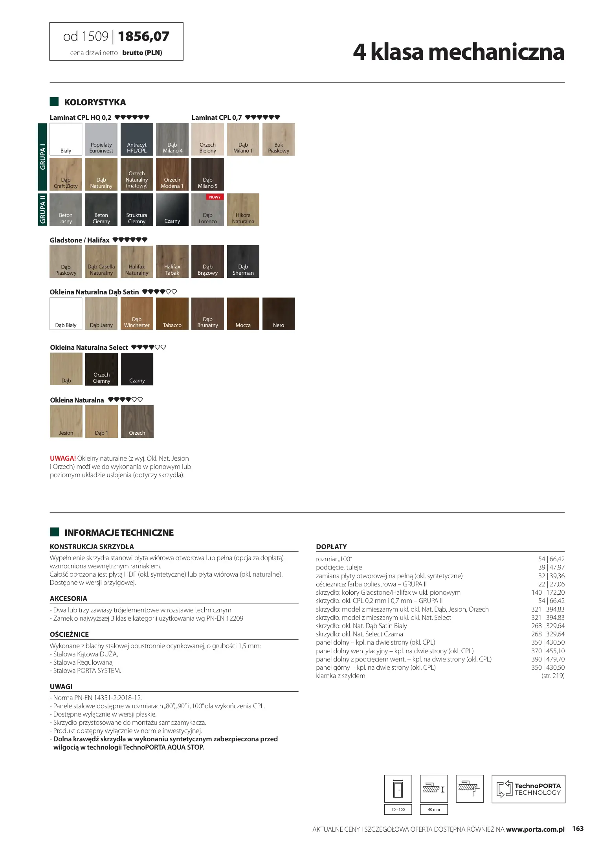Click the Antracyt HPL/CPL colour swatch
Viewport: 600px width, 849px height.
click(x=137, y=139)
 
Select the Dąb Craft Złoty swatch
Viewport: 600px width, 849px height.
click(x=66, y=174)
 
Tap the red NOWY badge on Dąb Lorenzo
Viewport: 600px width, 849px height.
click(x=215, y=197)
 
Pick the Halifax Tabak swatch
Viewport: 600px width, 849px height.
click(x=172, y=261)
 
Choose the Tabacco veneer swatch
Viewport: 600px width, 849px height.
click(x=172, y=314)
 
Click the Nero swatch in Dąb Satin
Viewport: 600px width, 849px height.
click(x=279, y=314)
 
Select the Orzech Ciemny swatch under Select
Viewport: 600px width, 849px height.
click(x=101, y=369)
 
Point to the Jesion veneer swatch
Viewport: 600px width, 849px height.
click(x=66, y=421)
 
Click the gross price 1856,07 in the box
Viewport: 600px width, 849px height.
click(x=143, y=37)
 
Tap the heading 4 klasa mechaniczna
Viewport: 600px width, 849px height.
click(x=458, y=52)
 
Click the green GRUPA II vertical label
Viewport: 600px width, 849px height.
click(x=42, y=209)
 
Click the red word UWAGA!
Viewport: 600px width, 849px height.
click(x=62, y=458)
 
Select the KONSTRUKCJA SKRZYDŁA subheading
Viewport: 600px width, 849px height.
click(x=92, y=547)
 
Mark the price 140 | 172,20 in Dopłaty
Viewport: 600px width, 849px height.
click(x=548, y=592)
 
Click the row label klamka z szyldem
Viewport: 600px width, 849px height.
click(x=340, y=676)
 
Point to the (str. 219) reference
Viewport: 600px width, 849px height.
click(x=552, y=676)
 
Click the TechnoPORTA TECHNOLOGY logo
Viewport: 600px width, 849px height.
click(x=528, y=789)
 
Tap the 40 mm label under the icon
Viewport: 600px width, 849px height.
click(x=434, y=809)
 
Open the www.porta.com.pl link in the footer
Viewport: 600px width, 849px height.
click(x=535, y=829)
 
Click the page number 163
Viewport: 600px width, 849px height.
click(x=578, y=829)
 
